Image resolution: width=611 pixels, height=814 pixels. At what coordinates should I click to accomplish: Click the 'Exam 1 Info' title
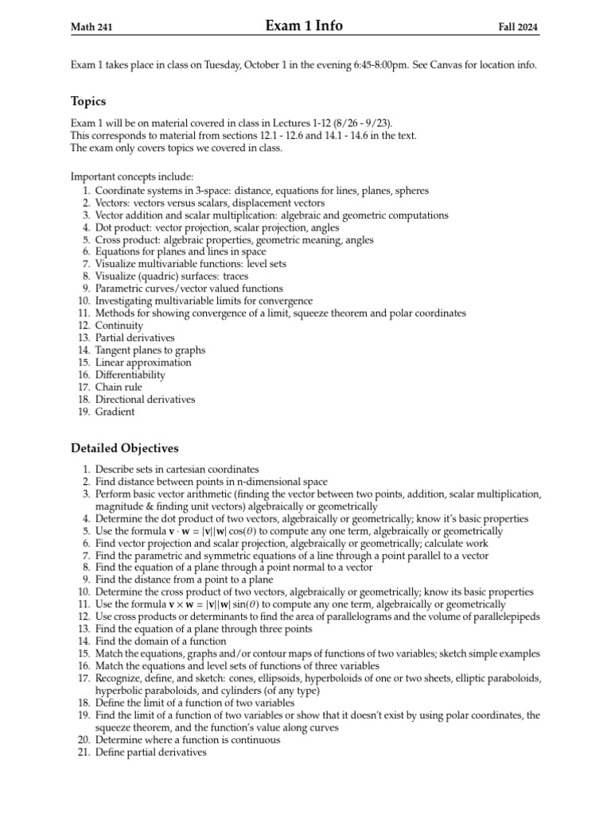pyautogui.click(x=305, y=26)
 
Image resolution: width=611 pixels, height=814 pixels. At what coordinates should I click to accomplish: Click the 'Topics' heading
pyautogui.click(x=88, y=102)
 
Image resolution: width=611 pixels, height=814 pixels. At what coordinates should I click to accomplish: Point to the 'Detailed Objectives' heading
pyautogui.click(x=125, y=449)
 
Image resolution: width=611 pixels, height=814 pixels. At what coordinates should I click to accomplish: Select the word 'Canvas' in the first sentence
pyautogui.click(x=449, y=65)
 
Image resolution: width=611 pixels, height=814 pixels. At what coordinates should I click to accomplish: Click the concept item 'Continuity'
pyautogui.click(x=119, y=325)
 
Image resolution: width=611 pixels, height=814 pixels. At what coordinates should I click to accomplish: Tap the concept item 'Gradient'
pyautogui.click(x=115, y=412)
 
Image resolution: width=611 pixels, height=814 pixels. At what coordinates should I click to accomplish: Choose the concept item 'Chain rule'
pyautogui.click(x=120, y=387)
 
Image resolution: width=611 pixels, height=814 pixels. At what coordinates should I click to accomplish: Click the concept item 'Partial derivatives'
pyautogui.click(x=134, y=338)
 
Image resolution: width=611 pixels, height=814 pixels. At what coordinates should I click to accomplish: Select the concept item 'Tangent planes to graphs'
pyautogui.click(x=150, y=350)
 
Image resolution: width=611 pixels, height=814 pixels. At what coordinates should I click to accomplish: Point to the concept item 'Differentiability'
pyautogui.click(x=130, y=374)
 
